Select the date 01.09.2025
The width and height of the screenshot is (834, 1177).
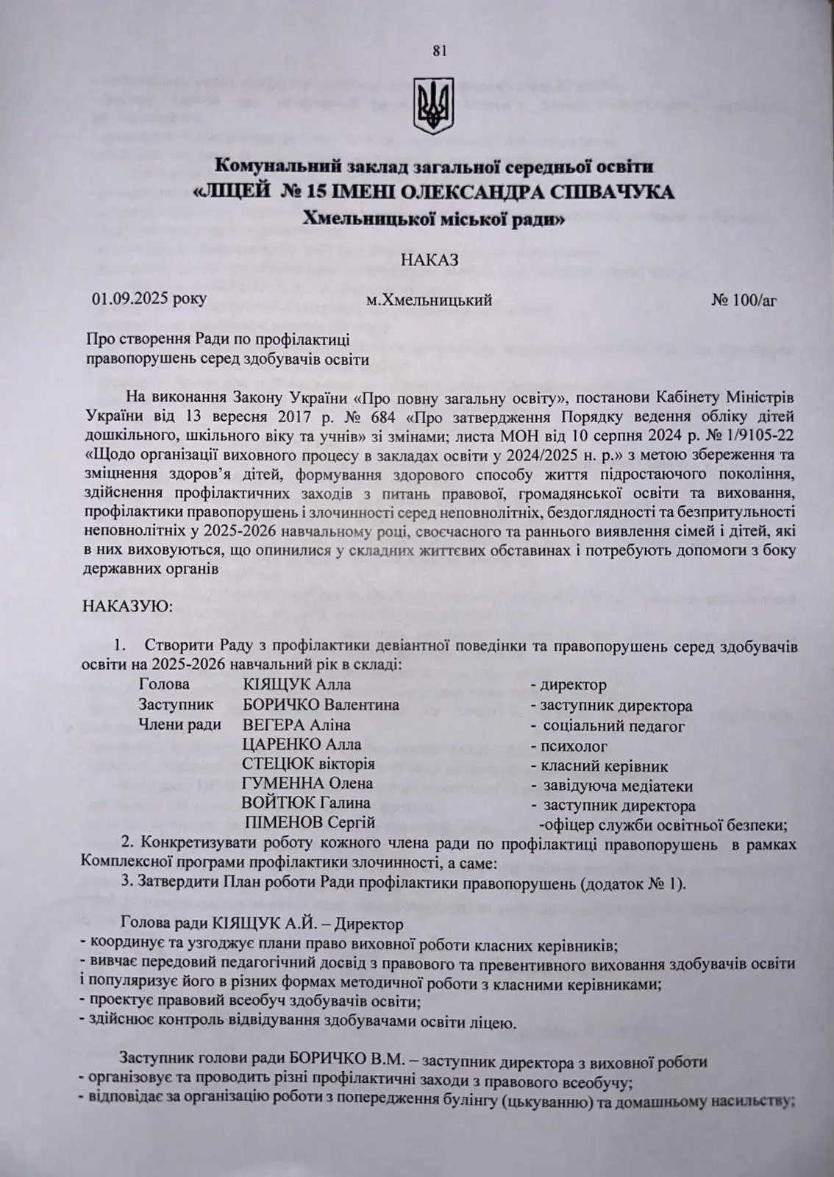(129, 300)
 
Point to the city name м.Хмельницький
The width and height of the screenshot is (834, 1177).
(429, 301)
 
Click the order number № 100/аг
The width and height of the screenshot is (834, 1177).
(744, 300)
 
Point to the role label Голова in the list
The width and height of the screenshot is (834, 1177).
(159, 686)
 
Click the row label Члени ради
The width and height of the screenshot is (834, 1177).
(180, 725)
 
